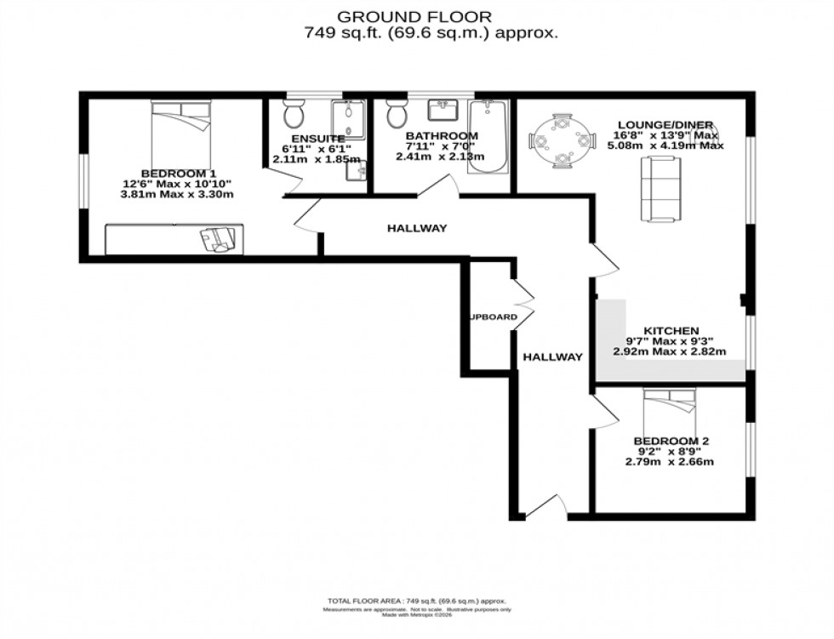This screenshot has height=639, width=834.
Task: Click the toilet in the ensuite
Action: point(294,114)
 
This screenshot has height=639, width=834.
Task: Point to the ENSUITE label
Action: point(317,139)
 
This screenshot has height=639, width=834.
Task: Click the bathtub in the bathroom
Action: point(488,136)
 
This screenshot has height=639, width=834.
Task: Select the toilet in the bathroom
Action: point(397,113)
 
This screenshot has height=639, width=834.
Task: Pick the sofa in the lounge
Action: point(661,188)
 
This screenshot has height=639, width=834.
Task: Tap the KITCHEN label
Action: point(671,330)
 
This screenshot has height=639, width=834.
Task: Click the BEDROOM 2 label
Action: point(671,441)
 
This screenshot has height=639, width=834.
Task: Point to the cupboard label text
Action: point(494,317)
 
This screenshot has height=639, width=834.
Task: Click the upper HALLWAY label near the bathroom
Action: point(417,228)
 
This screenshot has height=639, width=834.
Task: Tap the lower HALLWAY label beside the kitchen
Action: point(552,357)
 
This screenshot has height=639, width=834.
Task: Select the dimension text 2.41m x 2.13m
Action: point(441,157)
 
